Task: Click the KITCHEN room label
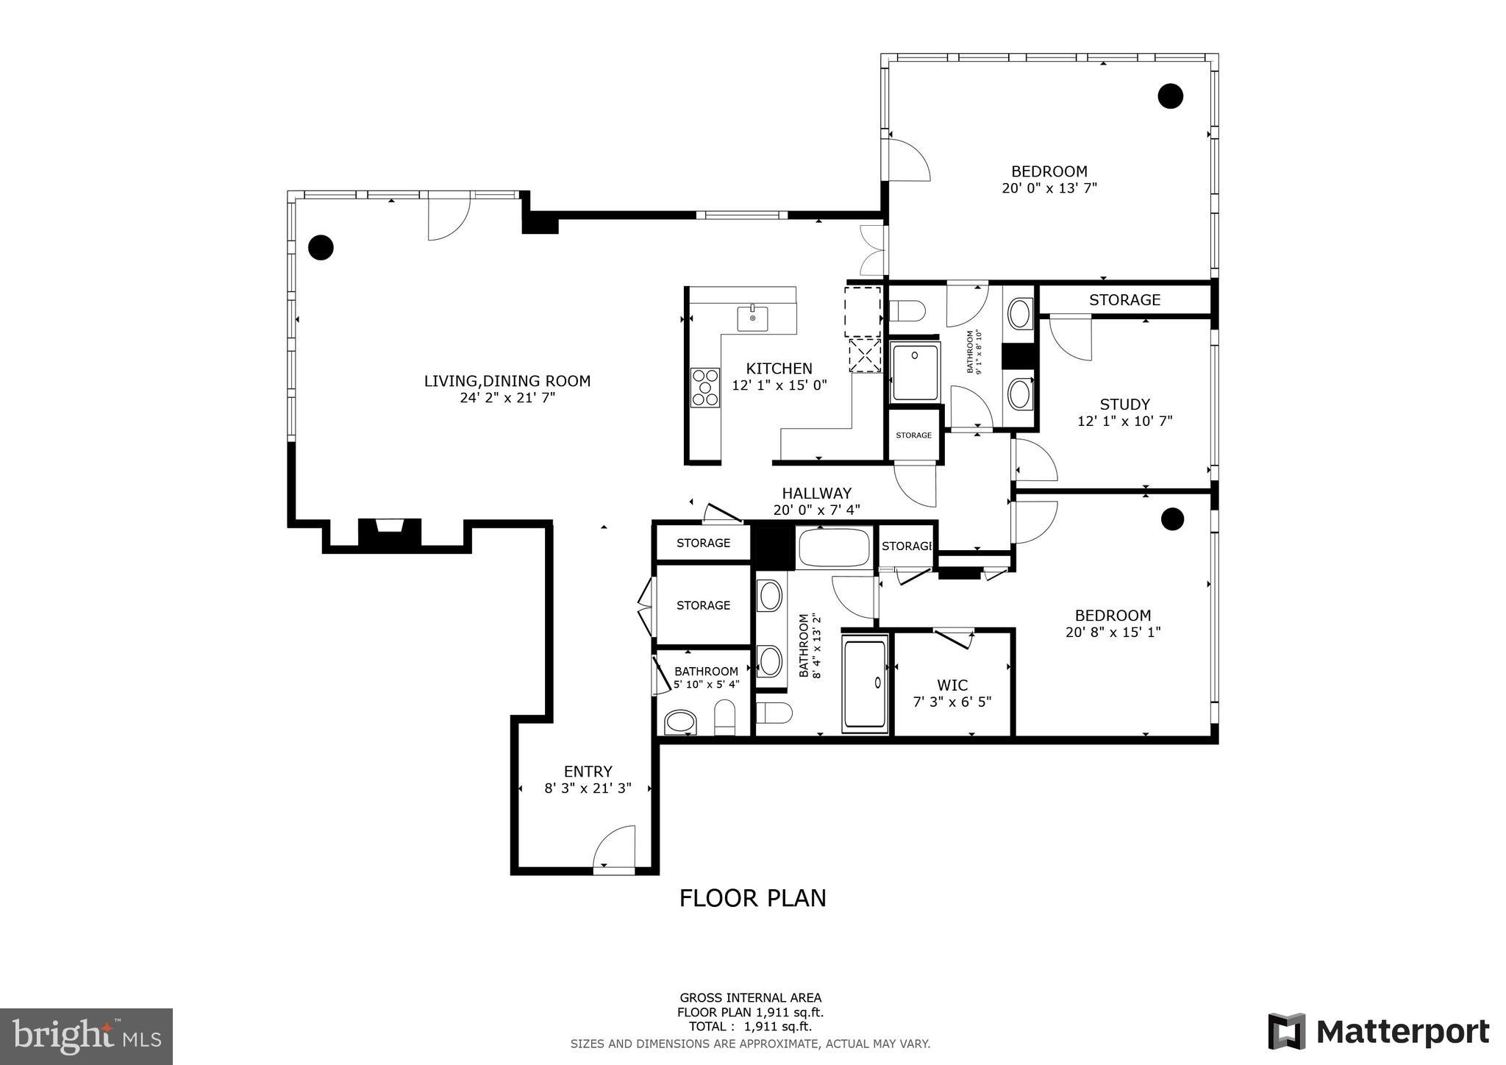779,368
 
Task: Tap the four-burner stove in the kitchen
705,387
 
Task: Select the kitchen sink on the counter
752,319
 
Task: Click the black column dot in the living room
321,248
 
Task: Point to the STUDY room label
1124,405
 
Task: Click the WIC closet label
952,685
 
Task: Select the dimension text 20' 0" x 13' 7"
1049,188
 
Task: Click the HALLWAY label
816,494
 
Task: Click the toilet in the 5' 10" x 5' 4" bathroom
725,716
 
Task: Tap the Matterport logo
1379,1031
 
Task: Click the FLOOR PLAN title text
752,898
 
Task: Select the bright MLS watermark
87,1036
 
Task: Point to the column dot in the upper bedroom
1170,96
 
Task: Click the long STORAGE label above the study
1124,300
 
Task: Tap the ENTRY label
588,772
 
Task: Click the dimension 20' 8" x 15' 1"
1113,632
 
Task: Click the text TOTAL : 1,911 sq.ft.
750,1027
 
